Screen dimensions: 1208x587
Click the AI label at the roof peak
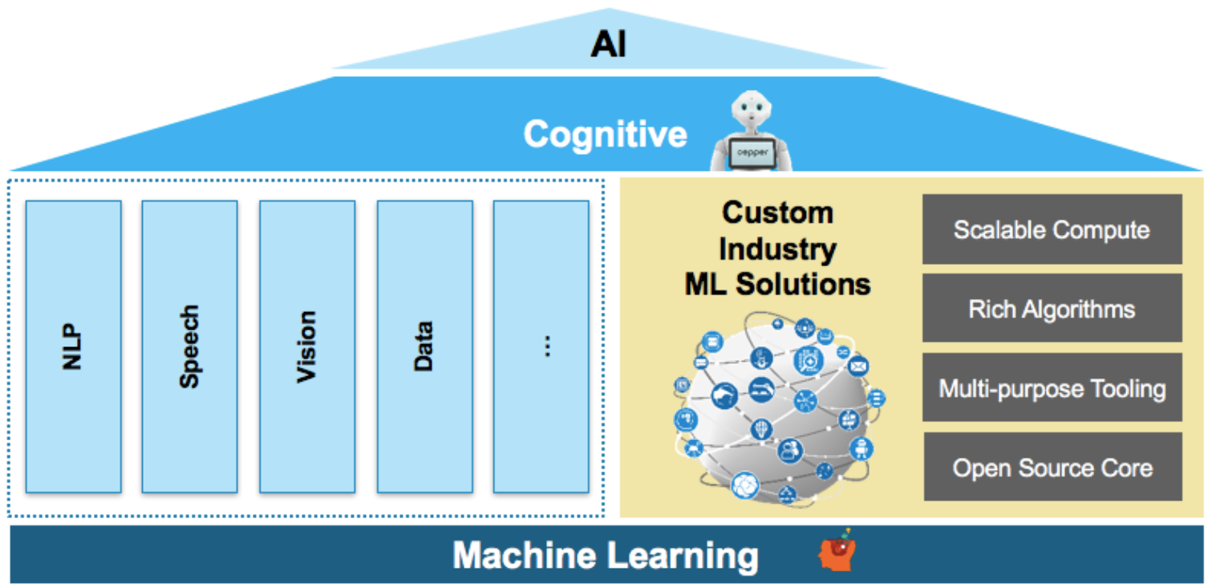(608, 43)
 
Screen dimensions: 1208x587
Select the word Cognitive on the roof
(605, 134)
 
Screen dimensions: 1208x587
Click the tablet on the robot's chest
(752, 153)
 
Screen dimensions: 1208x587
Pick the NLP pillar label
(72, 346)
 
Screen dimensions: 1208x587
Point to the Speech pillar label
(189, 346)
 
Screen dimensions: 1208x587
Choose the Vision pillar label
(306, 346)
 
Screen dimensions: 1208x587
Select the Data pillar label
(424, 346)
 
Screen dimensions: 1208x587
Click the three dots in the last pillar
(547, 346)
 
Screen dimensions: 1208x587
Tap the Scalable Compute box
(1052, 229)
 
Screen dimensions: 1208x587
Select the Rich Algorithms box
(1052, 308)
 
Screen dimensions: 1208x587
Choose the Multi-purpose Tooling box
(1052, 387)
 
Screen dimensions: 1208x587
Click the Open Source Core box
(1052, 466)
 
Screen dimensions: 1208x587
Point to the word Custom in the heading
(777, 213)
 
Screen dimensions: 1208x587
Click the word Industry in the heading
(777, 249)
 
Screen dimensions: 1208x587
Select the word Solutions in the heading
(803, 284)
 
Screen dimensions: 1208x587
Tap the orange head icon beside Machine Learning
(837, 551)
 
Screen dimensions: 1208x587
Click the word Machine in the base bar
(524, 555)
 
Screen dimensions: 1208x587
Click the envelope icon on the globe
(857, 366)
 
